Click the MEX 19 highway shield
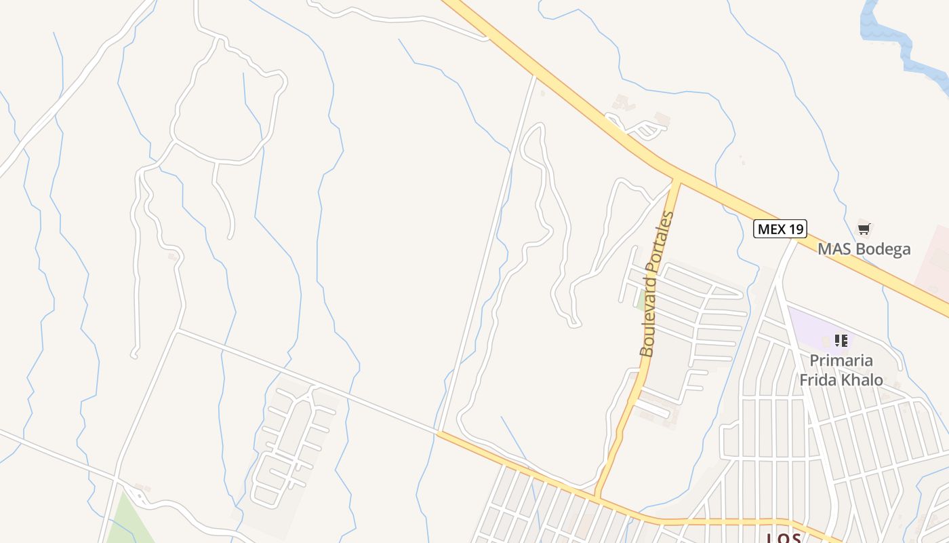[x=780, y=229]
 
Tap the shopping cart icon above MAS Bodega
[x=864, y=229]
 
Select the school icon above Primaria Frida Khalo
[x=841, y=340]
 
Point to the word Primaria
[x=841, y=360]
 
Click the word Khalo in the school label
[x=861, y=379]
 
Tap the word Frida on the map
[x=817, y=379]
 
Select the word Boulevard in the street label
[x=649, y=322]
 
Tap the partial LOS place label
[x=784, y=538]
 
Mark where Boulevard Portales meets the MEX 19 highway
[x=676, y=179]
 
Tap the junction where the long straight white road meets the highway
[x=536, y=75]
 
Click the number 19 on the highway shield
[x=796, y=229]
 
